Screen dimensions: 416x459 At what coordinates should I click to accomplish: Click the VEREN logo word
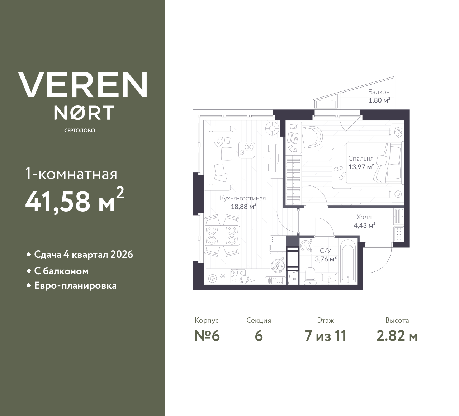coord(83,84)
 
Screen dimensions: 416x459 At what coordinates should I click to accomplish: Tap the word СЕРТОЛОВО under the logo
coord(80,131)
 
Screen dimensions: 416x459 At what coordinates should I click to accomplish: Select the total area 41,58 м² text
coord(75,201)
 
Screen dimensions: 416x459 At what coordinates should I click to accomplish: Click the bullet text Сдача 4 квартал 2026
coord(83,255)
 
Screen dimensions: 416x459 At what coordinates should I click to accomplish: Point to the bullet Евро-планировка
coord(75,286)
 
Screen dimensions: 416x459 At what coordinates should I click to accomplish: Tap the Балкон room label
coord(379,92)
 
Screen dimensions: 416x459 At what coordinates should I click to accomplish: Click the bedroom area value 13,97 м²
coord(361,167)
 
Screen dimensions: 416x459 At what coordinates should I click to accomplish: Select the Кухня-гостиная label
coord(243,198)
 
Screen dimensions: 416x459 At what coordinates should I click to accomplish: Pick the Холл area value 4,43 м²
coord(364,226)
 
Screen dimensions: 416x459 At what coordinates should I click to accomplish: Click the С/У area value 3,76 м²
coord(325,259)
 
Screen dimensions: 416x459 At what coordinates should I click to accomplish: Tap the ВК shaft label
coord(294,279)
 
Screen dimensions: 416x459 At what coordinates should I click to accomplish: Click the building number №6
coord(207,336)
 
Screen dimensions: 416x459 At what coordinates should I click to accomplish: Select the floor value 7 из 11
coord(325,336)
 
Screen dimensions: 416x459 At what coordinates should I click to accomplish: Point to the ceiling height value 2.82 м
coord(397,336)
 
